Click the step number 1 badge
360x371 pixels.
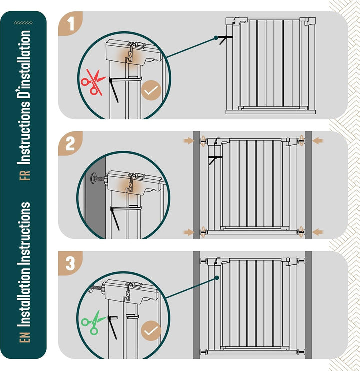coord(70,24)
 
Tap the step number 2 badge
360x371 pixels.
coord(70,144)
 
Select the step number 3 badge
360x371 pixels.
coord(70,263)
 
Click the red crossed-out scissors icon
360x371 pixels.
coord(93,82)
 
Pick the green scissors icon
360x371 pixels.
coord(93,322)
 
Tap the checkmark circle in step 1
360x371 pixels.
coord(151,90)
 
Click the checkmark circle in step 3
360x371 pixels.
coord(151,331)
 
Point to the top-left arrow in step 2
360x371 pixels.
coord(189,141)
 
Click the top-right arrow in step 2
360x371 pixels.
coord(317,141)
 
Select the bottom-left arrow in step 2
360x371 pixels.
coord(189,232)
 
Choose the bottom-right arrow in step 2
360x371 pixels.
coord(317,232)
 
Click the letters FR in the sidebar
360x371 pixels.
coord(25,175)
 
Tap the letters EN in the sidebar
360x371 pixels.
coord(25,337)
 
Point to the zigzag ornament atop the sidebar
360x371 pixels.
coord(23,23)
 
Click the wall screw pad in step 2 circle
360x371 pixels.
coord(92,178)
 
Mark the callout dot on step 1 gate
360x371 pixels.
coord(216,38)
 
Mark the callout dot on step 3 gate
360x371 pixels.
coord(217,278)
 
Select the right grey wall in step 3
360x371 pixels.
coord(308,305)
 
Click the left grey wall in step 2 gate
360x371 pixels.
coord(196,185)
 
